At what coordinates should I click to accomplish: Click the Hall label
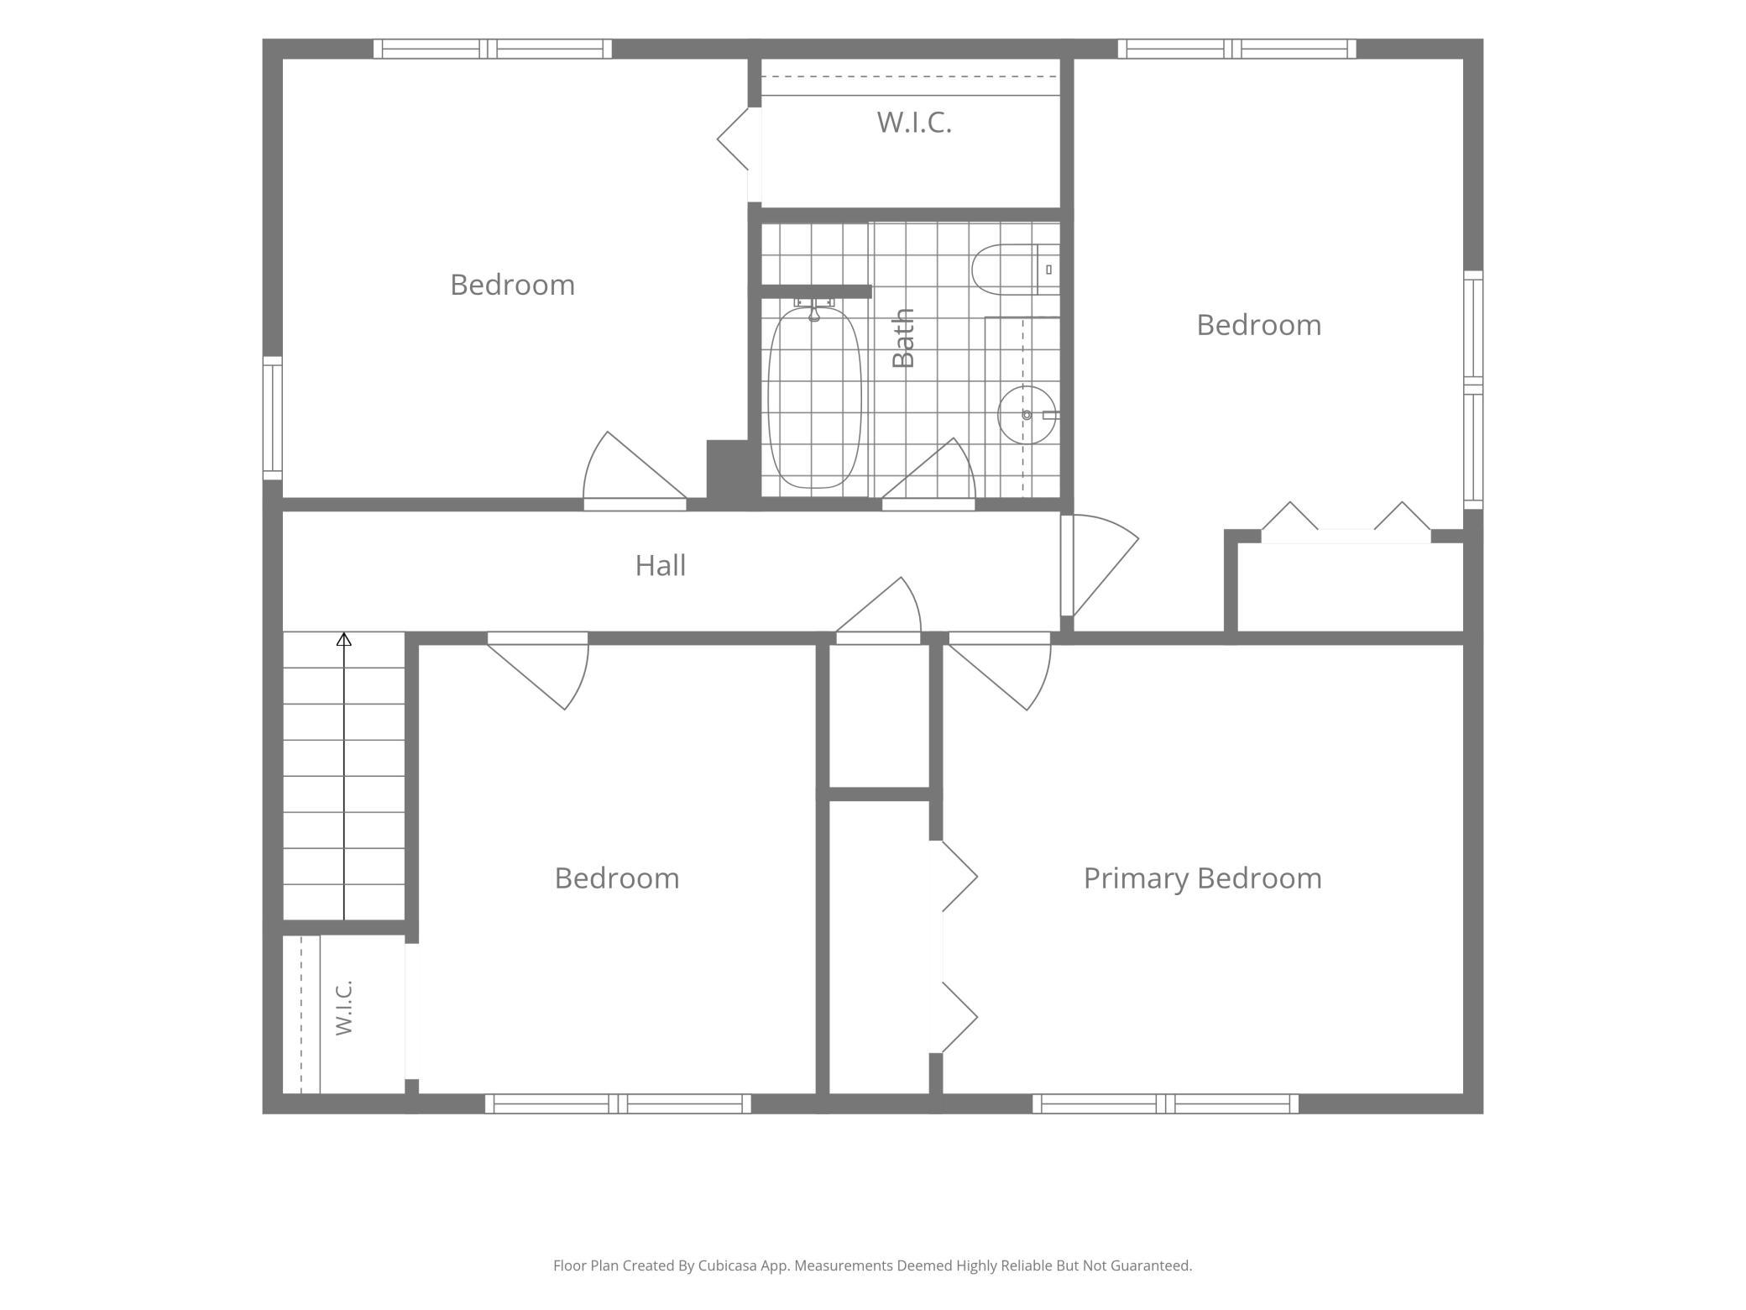tap(660, 565)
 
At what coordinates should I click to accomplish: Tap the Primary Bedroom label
tap(1202, 878)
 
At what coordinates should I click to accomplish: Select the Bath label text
tap(903, 338)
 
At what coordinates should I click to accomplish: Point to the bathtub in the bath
tap(814, 397)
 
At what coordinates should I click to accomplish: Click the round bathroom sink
tap(1027, 415)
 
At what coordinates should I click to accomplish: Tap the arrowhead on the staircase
tap(344, 640)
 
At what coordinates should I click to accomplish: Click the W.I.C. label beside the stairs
tap(343, 1007)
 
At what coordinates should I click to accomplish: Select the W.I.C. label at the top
tap(914, 123)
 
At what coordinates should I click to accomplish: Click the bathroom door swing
tap(928, 474)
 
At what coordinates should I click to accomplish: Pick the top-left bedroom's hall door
tap(635, 470)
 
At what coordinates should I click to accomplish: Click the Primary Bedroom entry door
tap(1000, 671)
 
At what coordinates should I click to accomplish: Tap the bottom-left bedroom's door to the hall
tap(538, 670)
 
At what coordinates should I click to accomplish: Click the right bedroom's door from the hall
tap(1100, 565)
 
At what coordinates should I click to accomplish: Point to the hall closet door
tap(878, 610)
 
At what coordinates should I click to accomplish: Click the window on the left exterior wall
tap(272, 418)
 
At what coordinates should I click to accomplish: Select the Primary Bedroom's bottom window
tap(1165, 1103)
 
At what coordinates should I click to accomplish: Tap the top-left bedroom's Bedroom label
tap(512, 286)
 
